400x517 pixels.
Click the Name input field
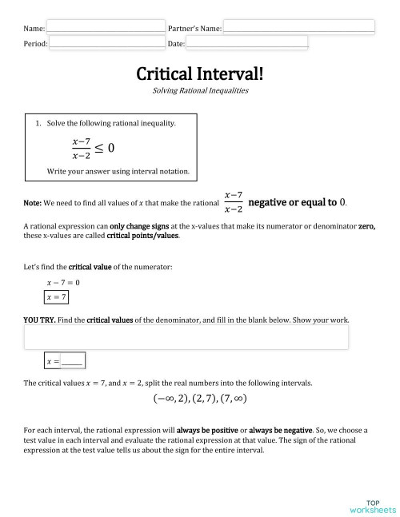pyautogui.click(x=106, y=27)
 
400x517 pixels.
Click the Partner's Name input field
pyautogui.click(x=298, y=27)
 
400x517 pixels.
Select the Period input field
pyautogui.click(x=107, y=42)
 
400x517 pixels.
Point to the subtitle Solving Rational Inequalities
pyautogui.click(x=200, y=91)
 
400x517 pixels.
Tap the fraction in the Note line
pyautogui.click(x=234, y=202)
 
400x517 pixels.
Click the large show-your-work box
pyautogui.click(x=186, y=337)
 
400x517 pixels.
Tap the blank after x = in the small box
pyautogui.click(x=72, y=362)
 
